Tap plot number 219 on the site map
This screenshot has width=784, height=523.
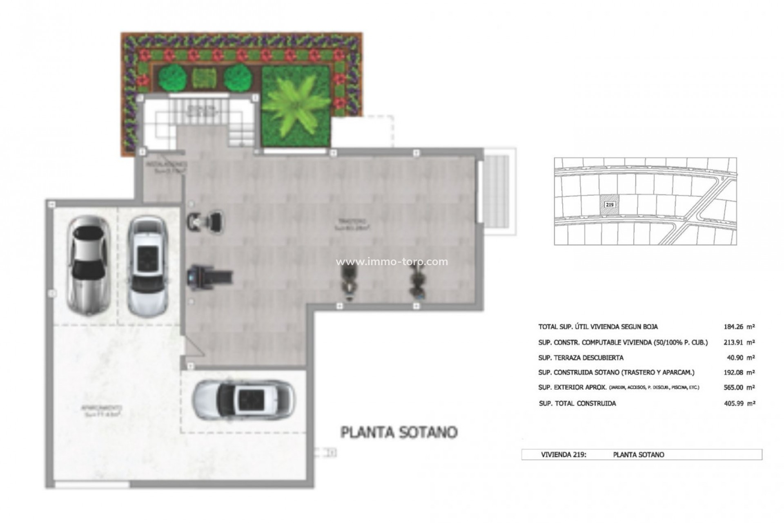609,204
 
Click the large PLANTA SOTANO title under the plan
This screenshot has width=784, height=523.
399,432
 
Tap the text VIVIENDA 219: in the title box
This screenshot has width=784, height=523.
563,454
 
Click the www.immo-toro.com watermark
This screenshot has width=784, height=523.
392,262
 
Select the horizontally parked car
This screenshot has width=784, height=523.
243,400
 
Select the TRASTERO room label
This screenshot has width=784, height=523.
352,223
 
